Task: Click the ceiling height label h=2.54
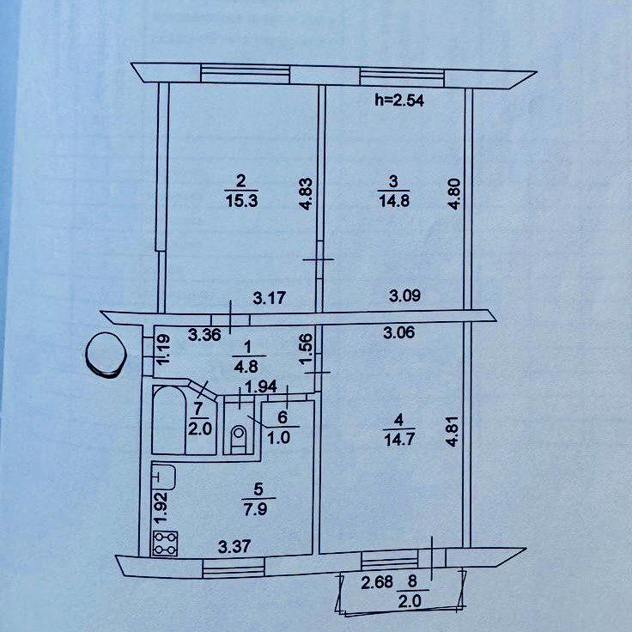point(401,100)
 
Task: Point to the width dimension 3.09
point(405,297)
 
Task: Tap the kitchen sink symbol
point(164,476)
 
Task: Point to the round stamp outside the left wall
point(105,354)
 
